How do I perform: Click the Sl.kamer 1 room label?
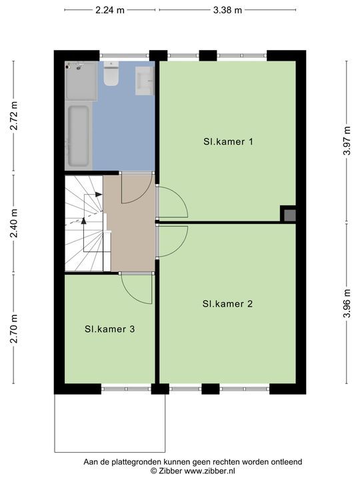(x=228, y=142)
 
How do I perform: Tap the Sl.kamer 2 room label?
(x=227, y=304)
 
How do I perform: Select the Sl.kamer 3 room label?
(x=109, y=329)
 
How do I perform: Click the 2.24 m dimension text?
(x=110, y=10)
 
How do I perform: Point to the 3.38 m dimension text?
(x=227, y=10)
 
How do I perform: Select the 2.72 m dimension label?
(x=14, y=116)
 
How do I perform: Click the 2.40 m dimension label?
(x=14, y=223)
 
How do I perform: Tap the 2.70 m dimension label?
(x=14, y=329)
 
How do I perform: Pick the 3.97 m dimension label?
(x=347, y=141)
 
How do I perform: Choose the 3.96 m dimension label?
(x=347, y=303)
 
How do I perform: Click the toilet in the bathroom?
(x=111, y=73)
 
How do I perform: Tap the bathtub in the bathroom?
(x=79, y=135)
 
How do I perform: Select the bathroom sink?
(x=145, y=81)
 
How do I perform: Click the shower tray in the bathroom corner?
(x=81, y=81)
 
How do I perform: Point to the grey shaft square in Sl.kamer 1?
(x=289, y=215)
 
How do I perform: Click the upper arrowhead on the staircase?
(x=98, y=194)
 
